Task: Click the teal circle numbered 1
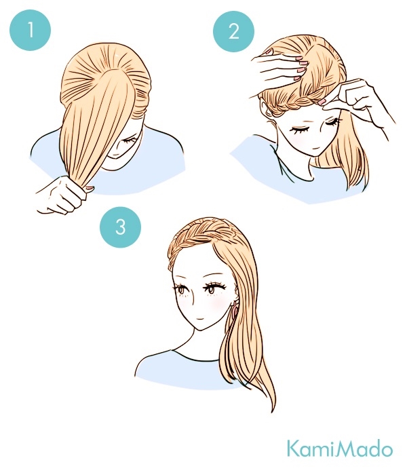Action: [x=31, y=30]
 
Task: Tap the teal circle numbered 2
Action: [x=233, y=31]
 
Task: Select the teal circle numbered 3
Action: [x=120, y=226]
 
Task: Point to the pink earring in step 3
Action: [x=235, y=308]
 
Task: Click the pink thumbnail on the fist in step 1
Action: [x=90, y=189]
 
